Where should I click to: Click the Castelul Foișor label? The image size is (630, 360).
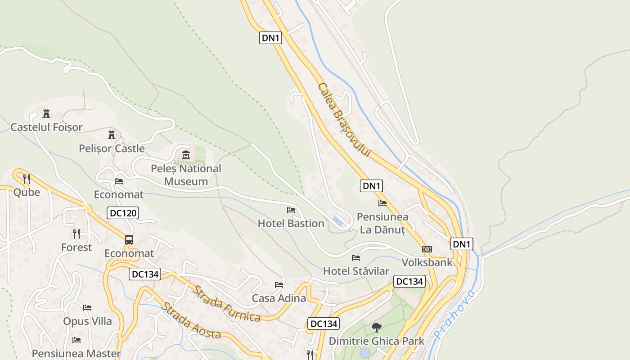46,127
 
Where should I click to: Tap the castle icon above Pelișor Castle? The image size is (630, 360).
112,135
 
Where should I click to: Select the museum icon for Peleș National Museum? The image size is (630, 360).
185,155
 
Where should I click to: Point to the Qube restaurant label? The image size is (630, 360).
27,193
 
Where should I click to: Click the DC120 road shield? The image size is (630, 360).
123,213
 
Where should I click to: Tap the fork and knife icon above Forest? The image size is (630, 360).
76,234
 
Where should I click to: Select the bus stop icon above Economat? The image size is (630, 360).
129,240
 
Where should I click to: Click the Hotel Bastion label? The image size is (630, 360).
291,223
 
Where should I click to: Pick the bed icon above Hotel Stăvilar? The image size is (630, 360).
356,258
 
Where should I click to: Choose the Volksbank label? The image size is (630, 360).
427,262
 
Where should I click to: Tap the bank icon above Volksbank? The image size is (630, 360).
427,249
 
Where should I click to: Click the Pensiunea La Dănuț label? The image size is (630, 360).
382,223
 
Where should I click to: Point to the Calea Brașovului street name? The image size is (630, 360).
344,120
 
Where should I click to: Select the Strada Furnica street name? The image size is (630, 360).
226,304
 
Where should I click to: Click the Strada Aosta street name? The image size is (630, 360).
191,320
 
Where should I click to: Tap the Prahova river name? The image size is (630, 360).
454,315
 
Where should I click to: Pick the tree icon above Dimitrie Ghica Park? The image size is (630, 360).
377,328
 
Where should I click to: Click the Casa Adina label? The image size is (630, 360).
279,298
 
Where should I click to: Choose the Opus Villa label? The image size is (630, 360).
87,321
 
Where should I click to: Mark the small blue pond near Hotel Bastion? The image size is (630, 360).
338,220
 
